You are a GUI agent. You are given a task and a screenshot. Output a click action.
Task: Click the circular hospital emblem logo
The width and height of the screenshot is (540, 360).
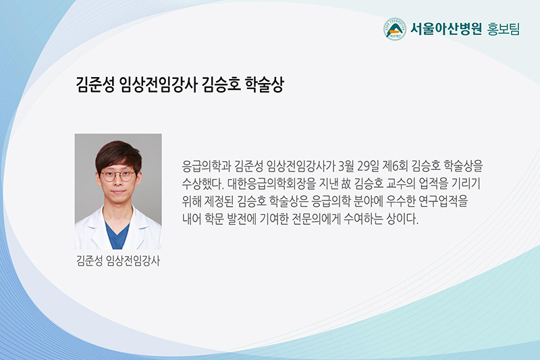point(395,29)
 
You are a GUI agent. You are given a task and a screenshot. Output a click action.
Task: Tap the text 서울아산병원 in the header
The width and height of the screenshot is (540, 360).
point(446,29)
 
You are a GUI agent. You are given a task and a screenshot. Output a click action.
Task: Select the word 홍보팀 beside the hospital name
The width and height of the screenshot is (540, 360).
point(503,29)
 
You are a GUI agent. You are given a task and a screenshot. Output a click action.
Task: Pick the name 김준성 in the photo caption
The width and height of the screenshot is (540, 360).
point(90,261)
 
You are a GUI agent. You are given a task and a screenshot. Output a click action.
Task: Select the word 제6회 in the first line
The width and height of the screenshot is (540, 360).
point(395,166)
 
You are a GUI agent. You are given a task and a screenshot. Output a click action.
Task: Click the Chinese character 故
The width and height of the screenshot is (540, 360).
point(346,184)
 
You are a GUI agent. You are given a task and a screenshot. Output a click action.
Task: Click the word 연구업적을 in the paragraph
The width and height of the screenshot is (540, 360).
point(443,201)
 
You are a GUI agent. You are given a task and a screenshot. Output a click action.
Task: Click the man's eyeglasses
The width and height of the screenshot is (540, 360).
point(117,176)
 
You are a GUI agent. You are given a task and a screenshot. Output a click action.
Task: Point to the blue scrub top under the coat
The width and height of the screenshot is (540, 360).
point(117,235)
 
